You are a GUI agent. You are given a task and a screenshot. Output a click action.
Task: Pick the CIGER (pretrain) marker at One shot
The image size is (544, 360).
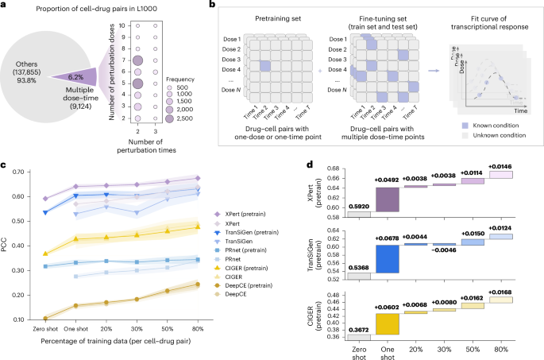coord(75,238)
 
